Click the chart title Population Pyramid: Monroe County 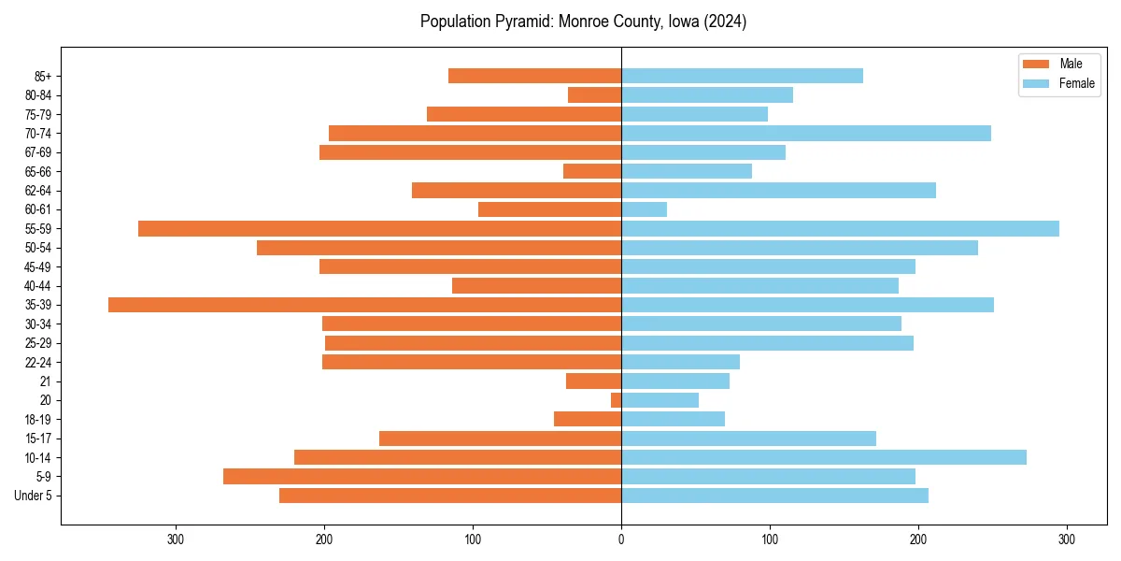pyautogui.click(x=583, y=22)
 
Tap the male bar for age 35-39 pyautogui.click(x=364, y=305)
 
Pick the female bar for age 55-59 pyautogui.click(x=840, y=229)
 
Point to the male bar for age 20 pyautogui.click(x=617, y=400)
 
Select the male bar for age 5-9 pyautogui.click(x=422, y=477)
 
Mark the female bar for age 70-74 pyautogui.click(x=806, y=134)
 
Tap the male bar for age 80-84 pyautogui.click(x=595, y=95)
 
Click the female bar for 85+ pyautogui.click(x=742, y=76)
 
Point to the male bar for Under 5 pyautogui.click(x=450, y=496)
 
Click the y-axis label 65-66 pyautogui.click(x=38, y=172)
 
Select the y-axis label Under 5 pyautogui.click(x=34, y=496)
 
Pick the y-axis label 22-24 pyautogui.click(x=38, y=362)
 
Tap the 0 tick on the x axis pyautogui.click(x=621, y=539)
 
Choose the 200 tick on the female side pyautogui.click(x=918, y=539)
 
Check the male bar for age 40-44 pyautogui.click(x=537, y=286)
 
